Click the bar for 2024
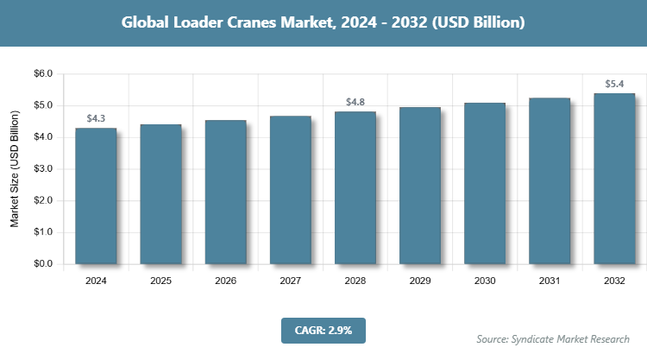96,196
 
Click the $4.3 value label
96,118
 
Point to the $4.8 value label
355,102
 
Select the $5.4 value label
614,84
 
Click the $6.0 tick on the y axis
42,74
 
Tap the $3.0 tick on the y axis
42,169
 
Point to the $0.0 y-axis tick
42,264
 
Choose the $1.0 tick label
42,232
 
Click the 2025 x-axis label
160,281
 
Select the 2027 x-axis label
290,281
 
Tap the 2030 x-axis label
485,281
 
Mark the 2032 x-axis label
614,281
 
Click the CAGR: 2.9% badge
323,330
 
